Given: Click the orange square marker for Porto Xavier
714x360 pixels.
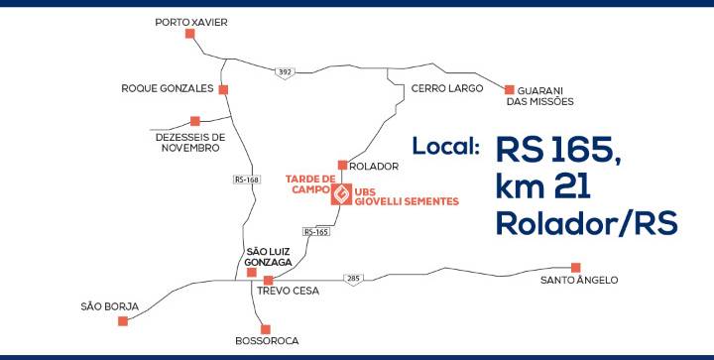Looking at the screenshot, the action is click(x=189, y=34).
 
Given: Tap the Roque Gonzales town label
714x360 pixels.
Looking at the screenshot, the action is click(x=168, y=88).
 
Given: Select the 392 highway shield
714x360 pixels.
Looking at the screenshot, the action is click(x=285, y=72).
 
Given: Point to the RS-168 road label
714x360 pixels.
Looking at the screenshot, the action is click(x=247, y=180).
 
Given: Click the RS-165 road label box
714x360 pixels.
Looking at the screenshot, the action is click(x=316, y=232).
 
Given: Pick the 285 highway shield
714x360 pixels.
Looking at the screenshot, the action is click(x=353, y=278).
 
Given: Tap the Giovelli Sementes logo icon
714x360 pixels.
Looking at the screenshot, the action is click(x=341, y=194).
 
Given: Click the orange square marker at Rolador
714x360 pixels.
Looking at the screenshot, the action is click(x=342, y=166).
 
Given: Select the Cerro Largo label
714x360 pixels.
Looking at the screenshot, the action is click(x=446, y=88).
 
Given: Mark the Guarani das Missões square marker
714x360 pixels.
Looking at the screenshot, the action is click(x=509, y=89).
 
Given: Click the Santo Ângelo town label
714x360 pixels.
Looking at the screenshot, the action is click(x=579, y=280).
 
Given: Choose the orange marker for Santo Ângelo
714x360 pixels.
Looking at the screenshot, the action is click(x=575, y=268).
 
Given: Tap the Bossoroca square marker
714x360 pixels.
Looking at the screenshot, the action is click(x=266, y=329).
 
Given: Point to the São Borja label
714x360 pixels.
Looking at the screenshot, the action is click(x=110, y=306).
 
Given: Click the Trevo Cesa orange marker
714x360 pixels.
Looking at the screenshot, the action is click(x=268, y=281).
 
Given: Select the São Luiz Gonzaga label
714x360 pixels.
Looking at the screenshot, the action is click(x=268, y=257).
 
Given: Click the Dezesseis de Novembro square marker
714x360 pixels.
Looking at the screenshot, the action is click(x=195, y=121).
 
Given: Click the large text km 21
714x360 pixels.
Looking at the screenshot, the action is click(x=543, y=187).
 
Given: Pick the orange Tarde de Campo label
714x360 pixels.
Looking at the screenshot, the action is click(x=310, y=183).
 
